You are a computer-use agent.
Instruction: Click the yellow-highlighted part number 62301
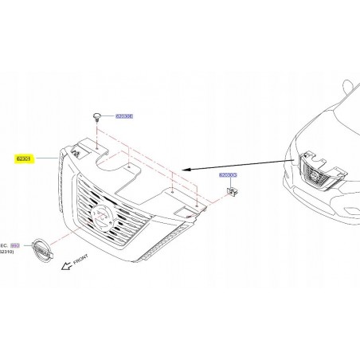pos(25,159)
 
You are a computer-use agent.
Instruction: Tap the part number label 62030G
pos(229,174)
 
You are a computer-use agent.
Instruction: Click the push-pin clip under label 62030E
pos(96,117)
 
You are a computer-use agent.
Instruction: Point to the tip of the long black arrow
pos(184,170)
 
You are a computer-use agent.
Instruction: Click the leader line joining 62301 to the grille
pos(46,159)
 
